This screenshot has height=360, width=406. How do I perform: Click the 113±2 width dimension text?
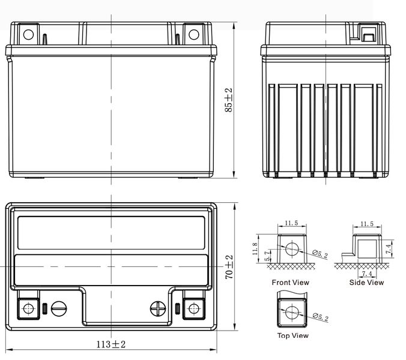coord(111,344)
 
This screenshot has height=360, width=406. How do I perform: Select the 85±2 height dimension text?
coord(229,100)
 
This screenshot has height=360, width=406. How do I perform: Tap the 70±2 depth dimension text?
coord(229,267)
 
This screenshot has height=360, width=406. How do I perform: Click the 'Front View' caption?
coord(290,283)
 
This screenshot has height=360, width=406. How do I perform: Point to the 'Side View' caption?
coord(366,283)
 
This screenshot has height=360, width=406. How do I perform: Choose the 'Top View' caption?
coord(293,335)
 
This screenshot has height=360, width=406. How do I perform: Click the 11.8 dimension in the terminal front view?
coord(255,248)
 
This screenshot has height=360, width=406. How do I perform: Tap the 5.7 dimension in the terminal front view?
coord(267,256)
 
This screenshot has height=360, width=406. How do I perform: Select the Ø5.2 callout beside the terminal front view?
coord(320,254)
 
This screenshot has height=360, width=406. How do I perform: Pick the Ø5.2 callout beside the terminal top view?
coord(321,317)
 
